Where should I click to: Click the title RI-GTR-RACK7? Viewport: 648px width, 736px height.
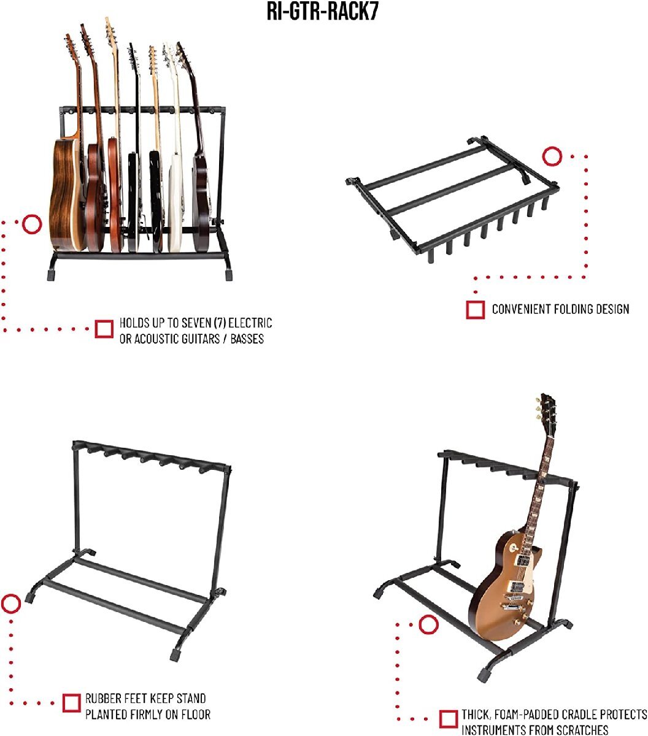(323, 12)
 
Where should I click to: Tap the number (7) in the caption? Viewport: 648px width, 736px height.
(220, 323)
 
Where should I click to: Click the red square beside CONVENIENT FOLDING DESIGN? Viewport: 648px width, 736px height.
(476, 310)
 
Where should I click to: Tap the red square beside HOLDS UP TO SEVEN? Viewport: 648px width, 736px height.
(104, 329)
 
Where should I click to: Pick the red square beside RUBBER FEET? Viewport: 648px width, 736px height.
(71, 703)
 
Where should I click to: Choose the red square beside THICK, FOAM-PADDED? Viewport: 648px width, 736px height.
(448, 719)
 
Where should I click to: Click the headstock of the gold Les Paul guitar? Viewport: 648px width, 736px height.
(546, 413)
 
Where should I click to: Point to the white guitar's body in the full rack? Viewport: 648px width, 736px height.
(176, 204)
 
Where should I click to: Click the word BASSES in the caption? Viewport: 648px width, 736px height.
(247, 339)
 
